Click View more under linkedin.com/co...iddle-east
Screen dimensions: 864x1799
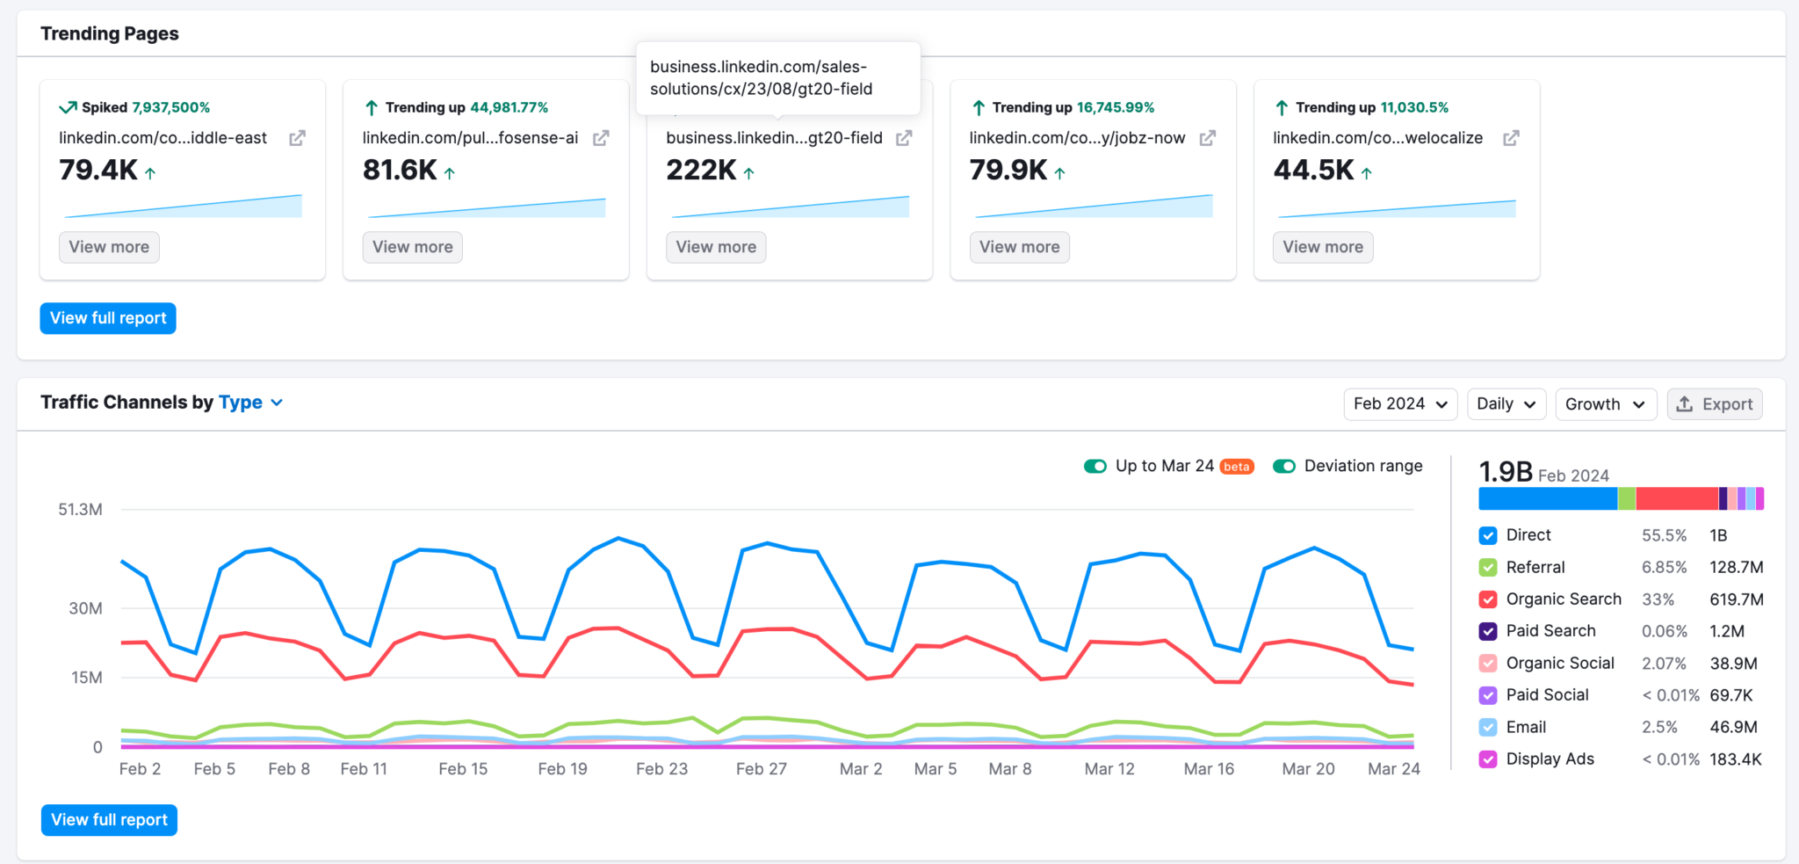click(x=109, y=247)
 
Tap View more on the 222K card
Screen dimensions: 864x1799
click(x=715, y=247)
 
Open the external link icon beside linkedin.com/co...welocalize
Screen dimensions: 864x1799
click(x=1511, y=138)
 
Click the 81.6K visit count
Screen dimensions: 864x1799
click(x=400, y=170)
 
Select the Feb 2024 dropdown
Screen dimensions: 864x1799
click(x=1399, y=404)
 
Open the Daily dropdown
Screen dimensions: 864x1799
click(x=1506, y=404)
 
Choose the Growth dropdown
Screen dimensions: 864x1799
click(x=1605, y=404)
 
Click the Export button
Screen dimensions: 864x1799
click(x=1714, y=404)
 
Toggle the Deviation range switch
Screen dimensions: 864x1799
click(x=1284, y=466)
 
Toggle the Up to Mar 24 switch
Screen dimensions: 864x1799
click(x=1095, y=466)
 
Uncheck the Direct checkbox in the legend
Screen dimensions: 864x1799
click(x=1488, y=535)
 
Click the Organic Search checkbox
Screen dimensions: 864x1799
click(x=1488, y=599)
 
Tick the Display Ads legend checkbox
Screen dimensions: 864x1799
click(x=1488, y=759)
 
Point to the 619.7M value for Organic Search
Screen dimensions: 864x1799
click(x=1736, y=599)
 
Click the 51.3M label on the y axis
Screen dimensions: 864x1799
click(x=80, y=510)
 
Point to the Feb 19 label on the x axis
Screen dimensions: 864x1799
click(x=562, y=769)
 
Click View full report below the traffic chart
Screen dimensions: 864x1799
click(x=109, y=820)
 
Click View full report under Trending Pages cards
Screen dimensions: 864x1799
click(x=108, y=318)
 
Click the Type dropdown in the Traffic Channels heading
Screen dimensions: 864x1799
click(x=250, y=403)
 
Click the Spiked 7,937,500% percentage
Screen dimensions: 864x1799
click(x=170, y=107)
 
